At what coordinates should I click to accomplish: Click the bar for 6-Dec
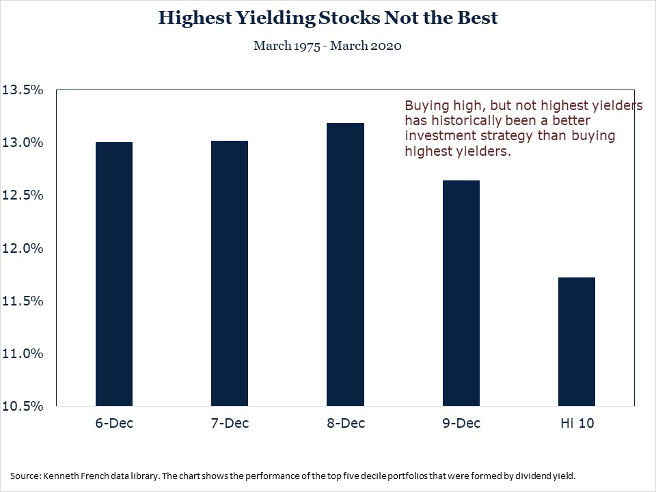tap(114, 274)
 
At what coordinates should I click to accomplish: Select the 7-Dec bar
tap(230, 273)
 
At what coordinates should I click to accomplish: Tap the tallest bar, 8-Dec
tap(345, 264)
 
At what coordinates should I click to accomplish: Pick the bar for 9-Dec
tap(461, 293)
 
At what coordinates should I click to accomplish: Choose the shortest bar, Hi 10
tap(577, 342)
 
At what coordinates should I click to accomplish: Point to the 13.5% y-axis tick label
tap(23, 90)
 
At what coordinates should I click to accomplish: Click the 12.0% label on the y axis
tap(23, 248)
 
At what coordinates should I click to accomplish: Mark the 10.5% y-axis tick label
tap(23, 406)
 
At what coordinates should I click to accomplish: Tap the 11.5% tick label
tap(23, 301)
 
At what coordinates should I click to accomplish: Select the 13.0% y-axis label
tap(23, 143)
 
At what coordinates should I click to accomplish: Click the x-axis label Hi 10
tap(577, 423)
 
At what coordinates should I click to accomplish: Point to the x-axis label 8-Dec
tap(346, 423)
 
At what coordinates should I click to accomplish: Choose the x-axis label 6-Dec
tap(114, 423)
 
